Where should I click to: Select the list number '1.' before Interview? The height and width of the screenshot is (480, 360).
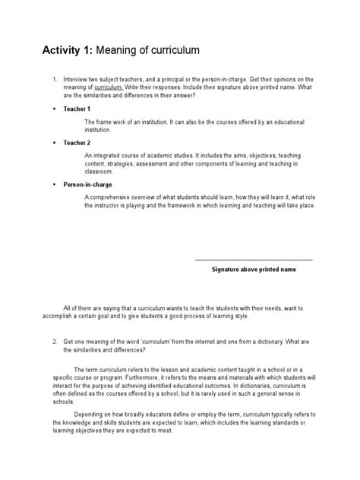[55, 79]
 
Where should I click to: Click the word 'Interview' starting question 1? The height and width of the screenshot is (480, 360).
[81, 79]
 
